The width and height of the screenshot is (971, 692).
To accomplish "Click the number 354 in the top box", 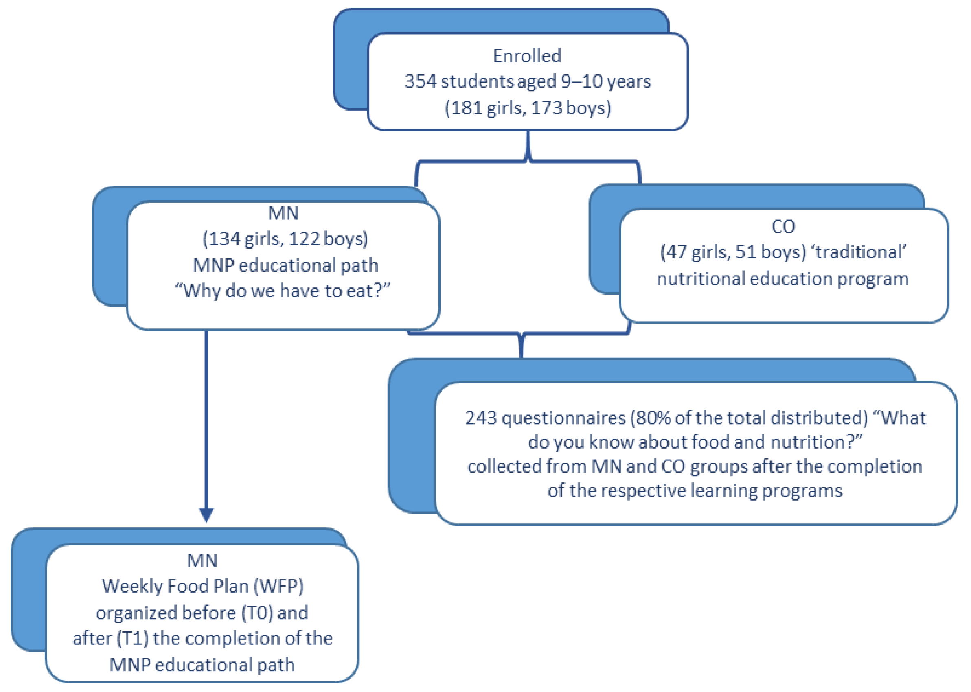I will [x=420, y=81].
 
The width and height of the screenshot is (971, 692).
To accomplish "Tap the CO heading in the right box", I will [x=782, y=226].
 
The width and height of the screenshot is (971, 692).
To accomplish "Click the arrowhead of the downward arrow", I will [x=206, y=515].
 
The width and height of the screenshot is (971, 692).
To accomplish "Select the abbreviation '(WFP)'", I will [x=278, y=586].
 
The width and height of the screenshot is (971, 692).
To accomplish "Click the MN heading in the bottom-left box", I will [x=202, y=561].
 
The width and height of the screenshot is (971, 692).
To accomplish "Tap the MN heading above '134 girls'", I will [x=283, y=213].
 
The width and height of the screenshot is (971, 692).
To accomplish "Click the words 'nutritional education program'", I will [x=782, y=279].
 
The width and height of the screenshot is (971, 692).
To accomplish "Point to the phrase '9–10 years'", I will [x=605, y=81].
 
